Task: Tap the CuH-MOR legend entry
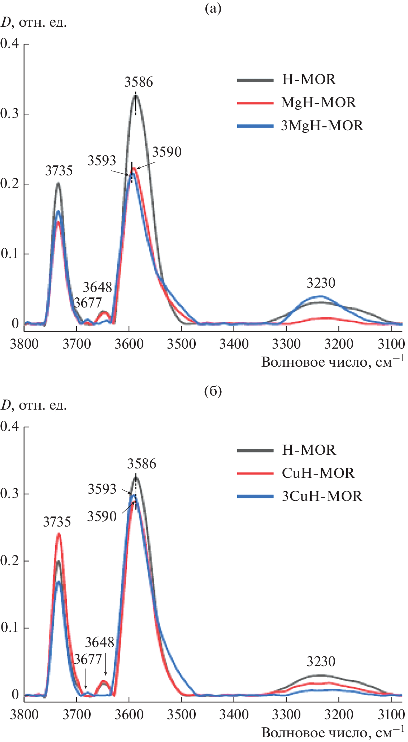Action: point(318,473)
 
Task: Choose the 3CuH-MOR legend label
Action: point(322,496)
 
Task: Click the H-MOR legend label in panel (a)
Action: point(309,79)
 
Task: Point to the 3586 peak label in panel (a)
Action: point(139,82)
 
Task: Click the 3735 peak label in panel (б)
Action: point(57,522)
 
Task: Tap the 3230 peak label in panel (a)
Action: point(321,283)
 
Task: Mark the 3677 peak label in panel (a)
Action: point(88,303)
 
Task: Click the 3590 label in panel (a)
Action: point(166,152)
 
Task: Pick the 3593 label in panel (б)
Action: point(102,489)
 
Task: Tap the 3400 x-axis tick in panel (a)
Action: point(234,344)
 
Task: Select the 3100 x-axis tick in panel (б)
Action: point(391,714)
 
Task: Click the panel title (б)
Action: point(213,392)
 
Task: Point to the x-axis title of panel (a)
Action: point(332,362)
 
